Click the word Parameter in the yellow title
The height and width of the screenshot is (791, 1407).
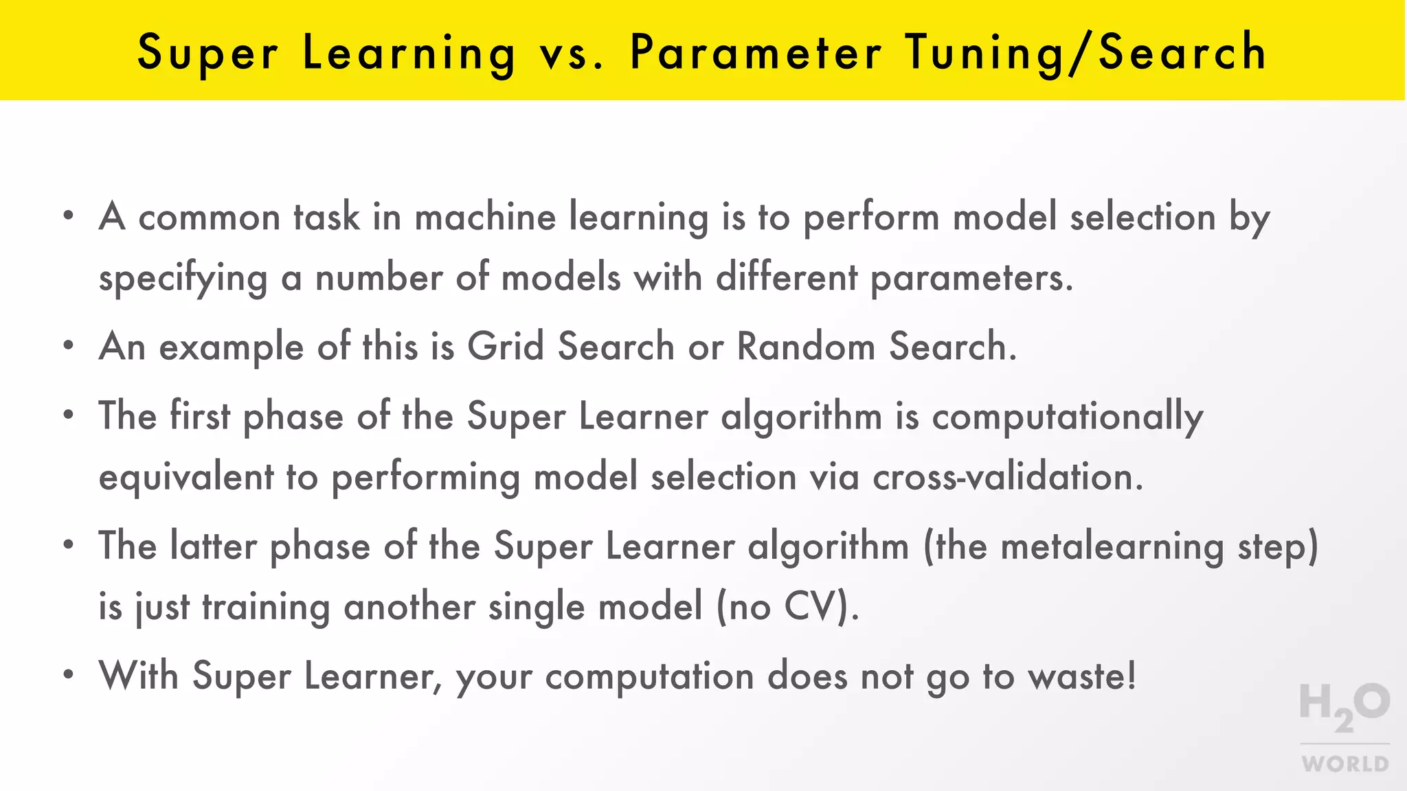755,52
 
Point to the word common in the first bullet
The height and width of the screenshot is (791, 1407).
210,218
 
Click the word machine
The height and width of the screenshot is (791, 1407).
485,217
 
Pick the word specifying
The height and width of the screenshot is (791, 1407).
183,279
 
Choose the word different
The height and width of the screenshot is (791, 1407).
787,277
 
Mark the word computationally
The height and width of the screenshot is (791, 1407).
1067,417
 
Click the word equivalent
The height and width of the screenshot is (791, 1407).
186,477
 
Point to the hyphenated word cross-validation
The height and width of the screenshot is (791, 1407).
1007,477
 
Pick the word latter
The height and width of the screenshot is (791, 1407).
213,547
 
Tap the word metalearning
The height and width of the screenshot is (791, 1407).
1112,547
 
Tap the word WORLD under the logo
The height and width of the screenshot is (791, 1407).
1345,764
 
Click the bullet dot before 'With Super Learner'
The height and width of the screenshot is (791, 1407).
68,674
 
